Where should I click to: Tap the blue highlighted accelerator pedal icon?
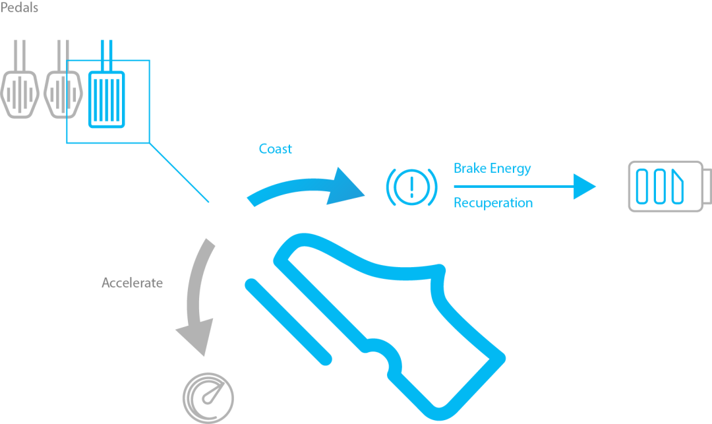coord(105,98)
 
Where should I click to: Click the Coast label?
coord(275,148)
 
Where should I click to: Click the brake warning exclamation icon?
coord(411,185)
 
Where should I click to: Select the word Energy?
coord(512,169)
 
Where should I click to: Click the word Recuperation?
coord(492,203)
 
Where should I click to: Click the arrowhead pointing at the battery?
coord(584,186)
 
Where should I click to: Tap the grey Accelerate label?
coord(132,283)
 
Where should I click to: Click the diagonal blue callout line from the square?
coord(179,171)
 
